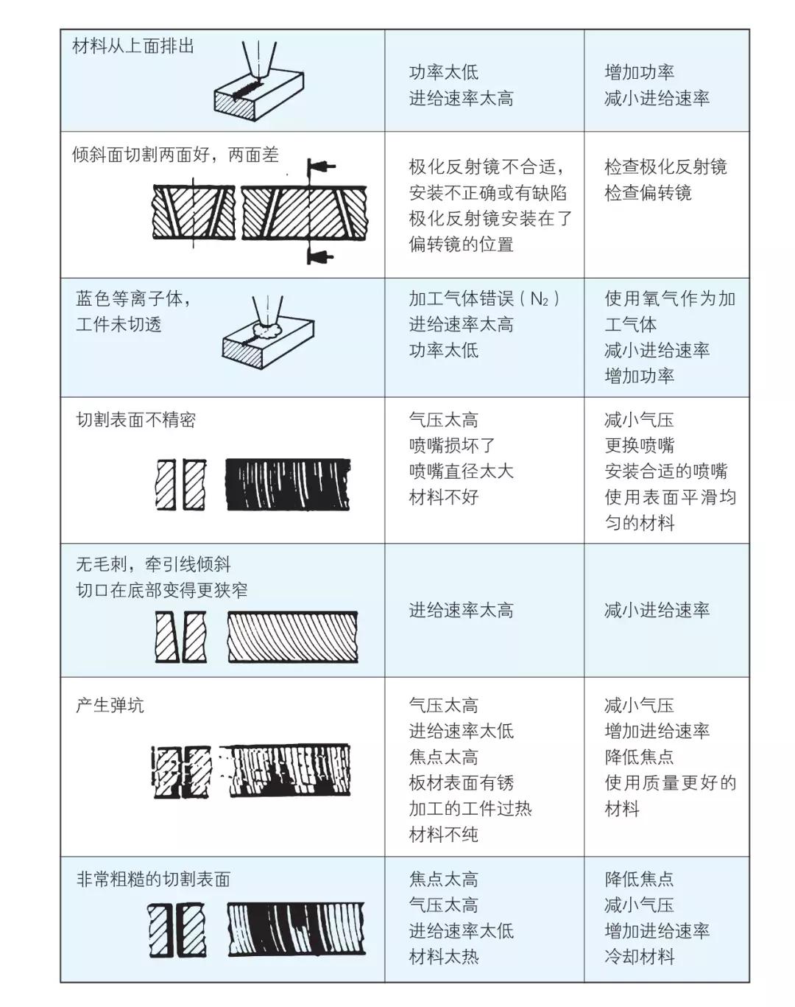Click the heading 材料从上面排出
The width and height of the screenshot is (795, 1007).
pos(133,46)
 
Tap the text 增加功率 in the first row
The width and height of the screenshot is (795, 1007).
pos(639,72)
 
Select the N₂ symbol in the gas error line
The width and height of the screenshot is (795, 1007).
pos(540,299)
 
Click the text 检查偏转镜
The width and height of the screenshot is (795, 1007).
pos(648,193)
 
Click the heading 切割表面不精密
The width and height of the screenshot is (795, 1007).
pos(135,420)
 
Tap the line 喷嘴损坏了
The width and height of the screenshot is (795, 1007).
pos(452,446)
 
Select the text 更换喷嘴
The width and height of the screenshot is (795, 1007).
pos(639,446)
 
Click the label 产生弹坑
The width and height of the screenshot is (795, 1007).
pos(110,705)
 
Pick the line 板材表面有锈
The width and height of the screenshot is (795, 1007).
pos(461,782)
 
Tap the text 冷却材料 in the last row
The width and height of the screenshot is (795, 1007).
pos(639,957)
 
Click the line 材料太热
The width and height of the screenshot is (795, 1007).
pos(443,957)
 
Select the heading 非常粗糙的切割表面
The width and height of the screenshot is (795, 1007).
pos(153,879)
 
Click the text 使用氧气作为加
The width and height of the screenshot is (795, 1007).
pos(669,299)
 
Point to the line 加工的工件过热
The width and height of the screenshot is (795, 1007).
pos(470,808)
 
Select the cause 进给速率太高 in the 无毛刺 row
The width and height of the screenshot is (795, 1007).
pos(461,610)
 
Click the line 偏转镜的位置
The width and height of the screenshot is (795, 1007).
pos(461,245)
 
